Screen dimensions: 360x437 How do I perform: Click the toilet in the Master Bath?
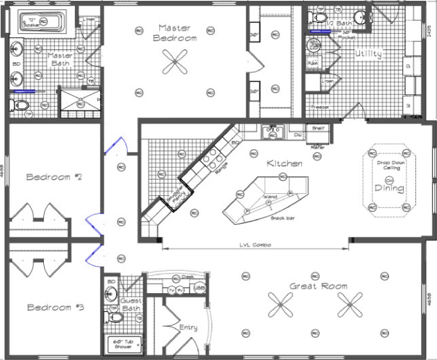(x=20, y=106)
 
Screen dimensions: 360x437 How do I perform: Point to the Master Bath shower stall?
(x=80, y=103)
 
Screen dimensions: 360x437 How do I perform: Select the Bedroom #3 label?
(x=55, y=307)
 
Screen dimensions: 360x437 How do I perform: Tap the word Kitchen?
(x=284, y=163)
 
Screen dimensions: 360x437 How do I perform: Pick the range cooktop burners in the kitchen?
(x=214, y=159)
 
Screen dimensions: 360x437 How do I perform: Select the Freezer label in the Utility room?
(x=320, y=107)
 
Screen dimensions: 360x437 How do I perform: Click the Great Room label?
(x=318, y=286)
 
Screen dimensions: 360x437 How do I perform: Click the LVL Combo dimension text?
(x=255, y=245)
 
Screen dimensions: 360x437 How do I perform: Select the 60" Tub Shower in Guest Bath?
(x=122, y=344)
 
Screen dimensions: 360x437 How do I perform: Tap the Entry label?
(x=188, y=328)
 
